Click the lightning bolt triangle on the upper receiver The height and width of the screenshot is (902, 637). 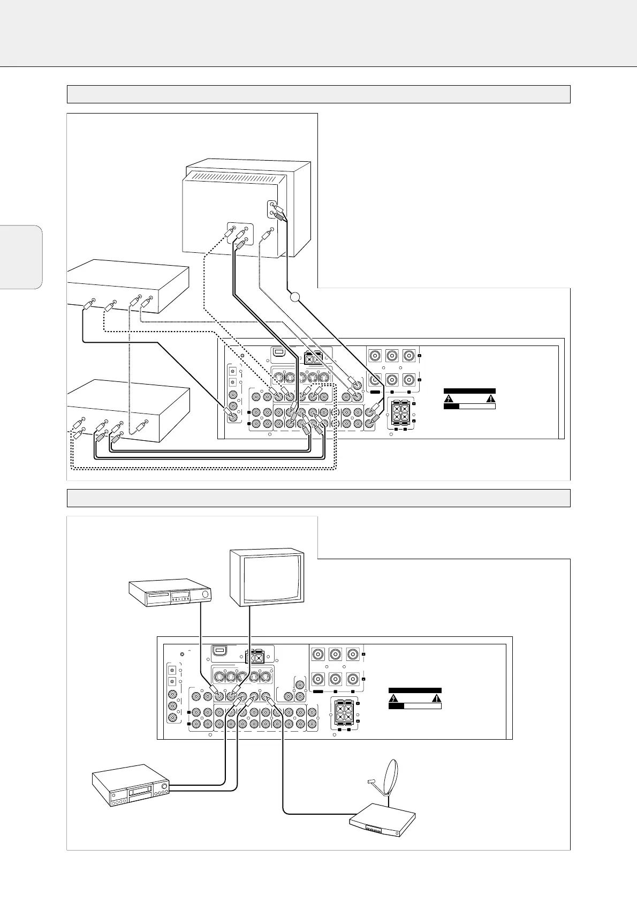pyautogui.click(x=449, y=398)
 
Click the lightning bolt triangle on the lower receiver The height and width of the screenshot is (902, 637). pyautogui.click(x=393, y=698)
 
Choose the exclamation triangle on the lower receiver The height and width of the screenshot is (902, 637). pyautogui.click(x=437, y=698)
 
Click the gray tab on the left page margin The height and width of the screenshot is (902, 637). pyautogui.click(x=21, y=257)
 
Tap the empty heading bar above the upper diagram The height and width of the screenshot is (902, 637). pyautogui.click(x=318, y=94)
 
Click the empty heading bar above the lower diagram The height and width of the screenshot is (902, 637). pyautogui.click(x=318, y=498)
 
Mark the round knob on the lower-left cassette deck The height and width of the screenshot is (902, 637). pyautogui.click(x=164, y=787)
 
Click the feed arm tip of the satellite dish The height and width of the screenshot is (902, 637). pyautogui.click(x=368, y=782)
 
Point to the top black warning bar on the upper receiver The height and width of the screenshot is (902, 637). pyautogui.click(x=469, y=391)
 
